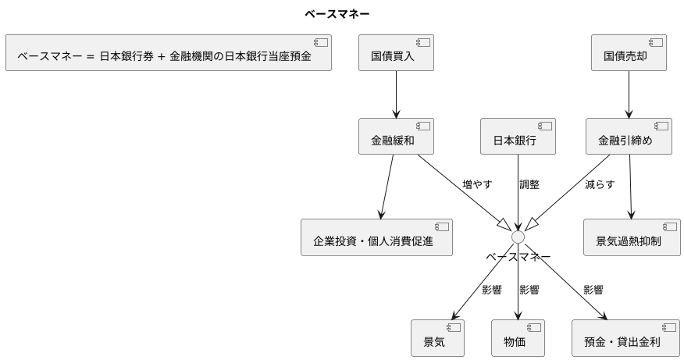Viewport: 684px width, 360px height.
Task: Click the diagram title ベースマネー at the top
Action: [x=337, y=14]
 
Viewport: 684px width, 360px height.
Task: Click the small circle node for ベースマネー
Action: [x=518, y=237]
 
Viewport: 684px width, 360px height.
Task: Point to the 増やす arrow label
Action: [x=477, y=185]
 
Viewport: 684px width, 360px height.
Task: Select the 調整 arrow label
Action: [x=529, y=185]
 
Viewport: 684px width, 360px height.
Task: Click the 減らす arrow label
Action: [x=599, y=185]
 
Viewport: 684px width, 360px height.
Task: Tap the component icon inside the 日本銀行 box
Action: [x=545, y=126]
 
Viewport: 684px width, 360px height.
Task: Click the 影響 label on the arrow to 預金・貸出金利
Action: [x=593, y=290]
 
